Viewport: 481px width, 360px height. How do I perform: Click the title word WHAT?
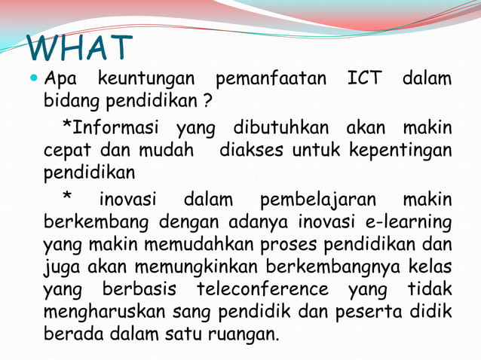pos(81,48)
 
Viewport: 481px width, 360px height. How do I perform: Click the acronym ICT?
pos(366,78)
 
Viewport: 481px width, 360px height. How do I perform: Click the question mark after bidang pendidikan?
pos(206,100)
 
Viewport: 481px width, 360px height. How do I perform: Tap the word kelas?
pos(429,267)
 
